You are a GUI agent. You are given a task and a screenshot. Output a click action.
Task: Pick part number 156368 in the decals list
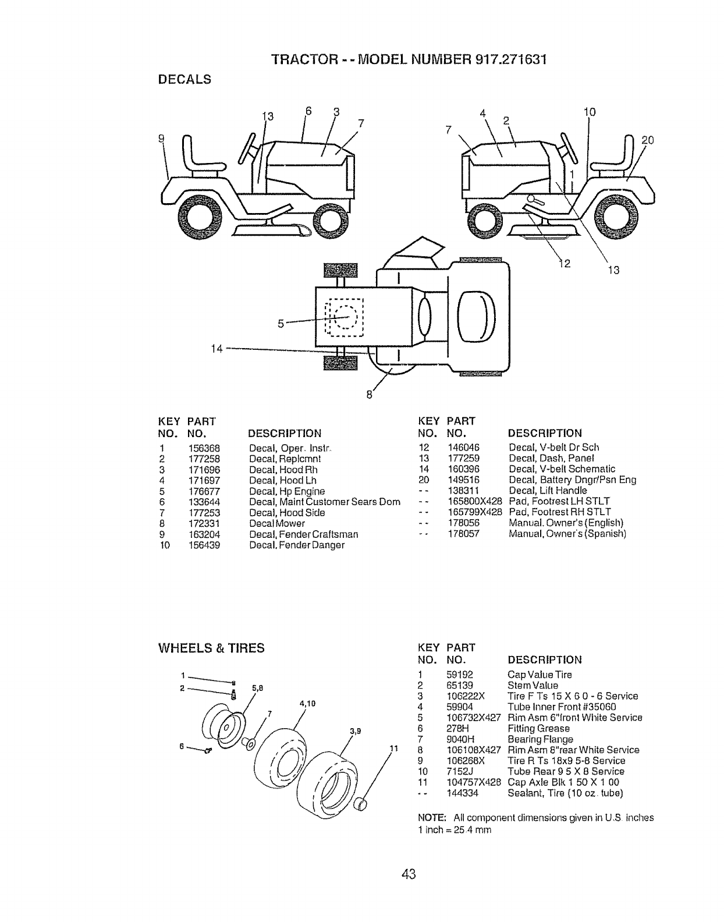click(x=204, y=448)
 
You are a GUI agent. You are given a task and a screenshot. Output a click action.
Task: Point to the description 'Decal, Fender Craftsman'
click(x=303, y=534)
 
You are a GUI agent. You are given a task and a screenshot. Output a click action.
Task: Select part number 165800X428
click(x=473, y=501)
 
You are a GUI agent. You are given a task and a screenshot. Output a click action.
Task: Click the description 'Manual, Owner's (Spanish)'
click(x=567, y=534)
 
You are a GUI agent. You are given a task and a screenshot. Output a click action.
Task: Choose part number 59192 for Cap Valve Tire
click(x=459, y=675)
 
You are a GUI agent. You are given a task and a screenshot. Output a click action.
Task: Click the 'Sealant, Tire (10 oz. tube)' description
click(x=565, y=793)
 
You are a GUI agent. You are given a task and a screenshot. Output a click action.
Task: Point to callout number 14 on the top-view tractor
click(x=217, y=349)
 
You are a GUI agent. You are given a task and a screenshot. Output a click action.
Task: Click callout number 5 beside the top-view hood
click(x=281, y=324)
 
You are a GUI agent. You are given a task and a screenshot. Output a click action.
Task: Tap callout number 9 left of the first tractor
click(x=162, y=138)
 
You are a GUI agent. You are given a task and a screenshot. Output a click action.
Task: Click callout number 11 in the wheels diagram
click(x=392, y=749)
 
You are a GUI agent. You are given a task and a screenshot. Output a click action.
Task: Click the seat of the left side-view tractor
click(x=201, y=160)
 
